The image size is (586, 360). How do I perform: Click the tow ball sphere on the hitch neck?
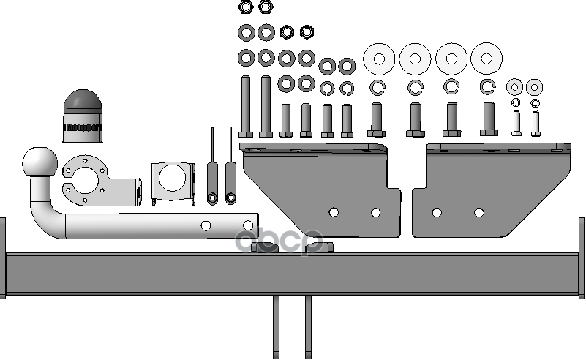pos(39,163)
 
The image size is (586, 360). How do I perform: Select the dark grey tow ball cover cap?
pos(82,117)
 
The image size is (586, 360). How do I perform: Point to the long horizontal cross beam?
pos(293,274)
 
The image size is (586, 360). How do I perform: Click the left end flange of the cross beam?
pos(2,258)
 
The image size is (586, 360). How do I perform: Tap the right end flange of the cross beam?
pos(582,258)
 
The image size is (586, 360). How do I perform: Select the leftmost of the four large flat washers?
pos(380,59)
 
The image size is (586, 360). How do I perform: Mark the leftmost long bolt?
pos(245,106)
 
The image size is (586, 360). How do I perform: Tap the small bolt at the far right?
pos(536,123)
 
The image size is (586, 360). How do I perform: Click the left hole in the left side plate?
pos(334,212)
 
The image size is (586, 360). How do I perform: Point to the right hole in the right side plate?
pos(479,213)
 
